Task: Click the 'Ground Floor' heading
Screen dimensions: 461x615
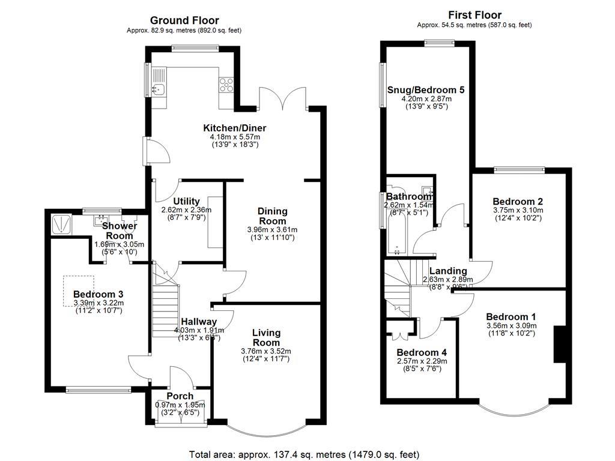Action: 184,20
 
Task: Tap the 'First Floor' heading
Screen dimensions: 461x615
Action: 474,15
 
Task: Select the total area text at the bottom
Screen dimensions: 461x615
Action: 304,454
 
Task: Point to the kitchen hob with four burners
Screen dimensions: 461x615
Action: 227,85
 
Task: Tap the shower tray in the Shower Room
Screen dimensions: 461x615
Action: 61,224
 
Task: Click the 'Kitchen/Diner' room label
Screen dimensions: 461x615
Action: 234,128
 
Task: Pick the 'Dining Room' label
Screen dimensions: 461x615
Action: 272,216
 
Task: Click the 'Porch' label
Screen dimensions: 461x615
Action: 180,396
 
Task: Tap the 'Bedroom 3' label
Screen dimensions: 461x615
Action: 98,294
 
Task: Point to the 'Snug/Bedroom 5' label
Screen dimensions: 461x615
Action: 426,89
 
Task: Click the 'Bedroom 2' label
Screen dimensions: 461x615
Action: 518,201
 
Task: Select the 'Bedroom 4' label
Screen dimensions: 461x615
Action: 421,352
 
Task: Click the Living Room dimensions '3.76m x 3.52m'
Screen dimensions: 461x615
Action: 265,351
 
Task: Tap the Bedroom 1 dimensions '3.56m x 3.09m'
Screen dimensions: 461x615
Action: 511,326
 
